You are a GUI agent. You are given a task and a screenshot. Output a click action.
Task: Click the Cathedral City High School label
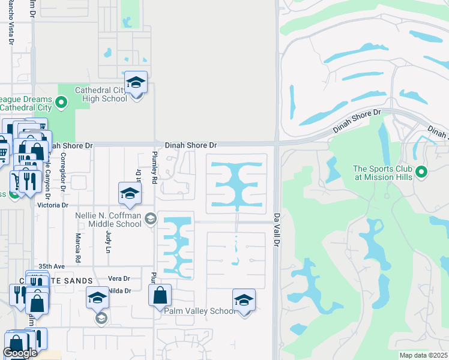101,95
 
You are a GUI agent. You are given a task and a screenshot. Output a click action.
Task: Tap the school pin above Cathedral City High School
136,83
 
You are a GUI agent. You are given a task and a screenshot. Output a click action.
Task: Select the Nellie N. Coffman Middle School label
108,220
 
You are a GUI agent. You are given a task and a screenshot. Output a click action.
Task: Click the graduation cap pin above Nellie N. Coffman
129,193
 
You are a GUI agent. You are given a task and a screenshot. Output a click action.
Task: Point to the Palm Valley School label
200,311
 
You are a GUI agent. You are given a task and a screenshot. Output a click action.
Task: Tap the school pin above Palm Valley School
244,300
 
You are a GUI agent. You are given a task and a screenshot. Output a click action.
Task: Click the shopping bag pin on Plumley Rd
160,295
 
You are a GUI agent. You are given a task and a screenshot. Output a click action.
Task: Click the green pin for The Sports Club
421,173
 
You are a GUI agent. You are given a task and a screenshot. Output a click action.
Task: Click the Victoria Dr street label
54,205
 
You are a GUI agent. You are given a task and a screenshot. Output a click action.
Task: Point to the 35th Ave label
51,266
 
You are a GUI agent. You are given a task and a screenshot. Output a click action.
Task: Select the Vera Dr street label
119,278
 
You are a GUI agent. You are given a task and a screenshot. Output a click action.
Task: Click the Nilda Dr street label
119,290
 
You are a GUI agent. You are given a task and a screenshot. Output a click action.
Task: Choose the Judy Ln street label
109,239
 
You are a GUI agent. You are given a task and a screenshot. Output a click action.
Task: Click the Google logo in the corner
20,353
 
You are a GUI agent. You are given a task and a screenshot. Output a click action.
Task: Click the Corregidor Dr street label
62,174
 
